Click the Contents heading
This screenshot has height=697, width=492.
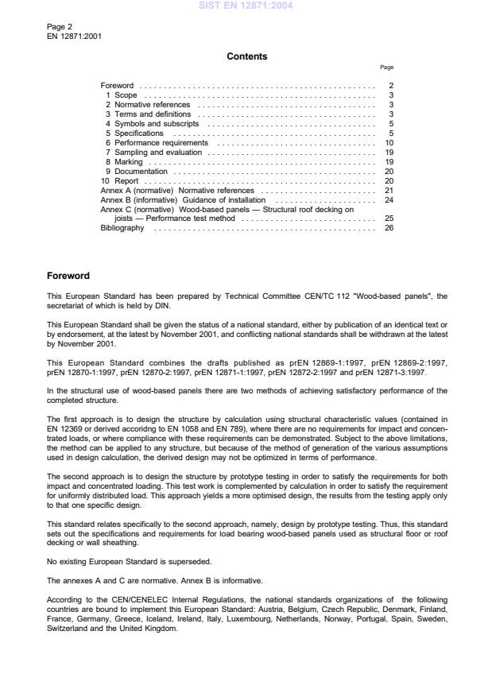[246, 56]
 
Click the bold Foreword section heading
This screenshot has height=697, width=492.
[68, 276]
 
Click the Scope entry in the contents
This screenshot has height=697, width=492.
[126, 95]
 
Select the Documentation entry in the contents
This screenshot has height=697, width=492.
[140, 171]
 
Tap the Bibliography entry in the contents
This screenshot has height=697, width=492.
[122, 227]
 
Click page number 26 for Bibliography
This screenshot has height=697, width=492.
[389, 227]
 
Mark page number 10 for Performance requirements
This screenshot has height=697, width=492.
[389, 142]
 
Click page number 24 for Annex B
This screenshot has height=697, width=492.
[389, 199]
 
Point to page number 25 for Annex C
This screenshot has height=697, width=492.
[389, 218]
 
